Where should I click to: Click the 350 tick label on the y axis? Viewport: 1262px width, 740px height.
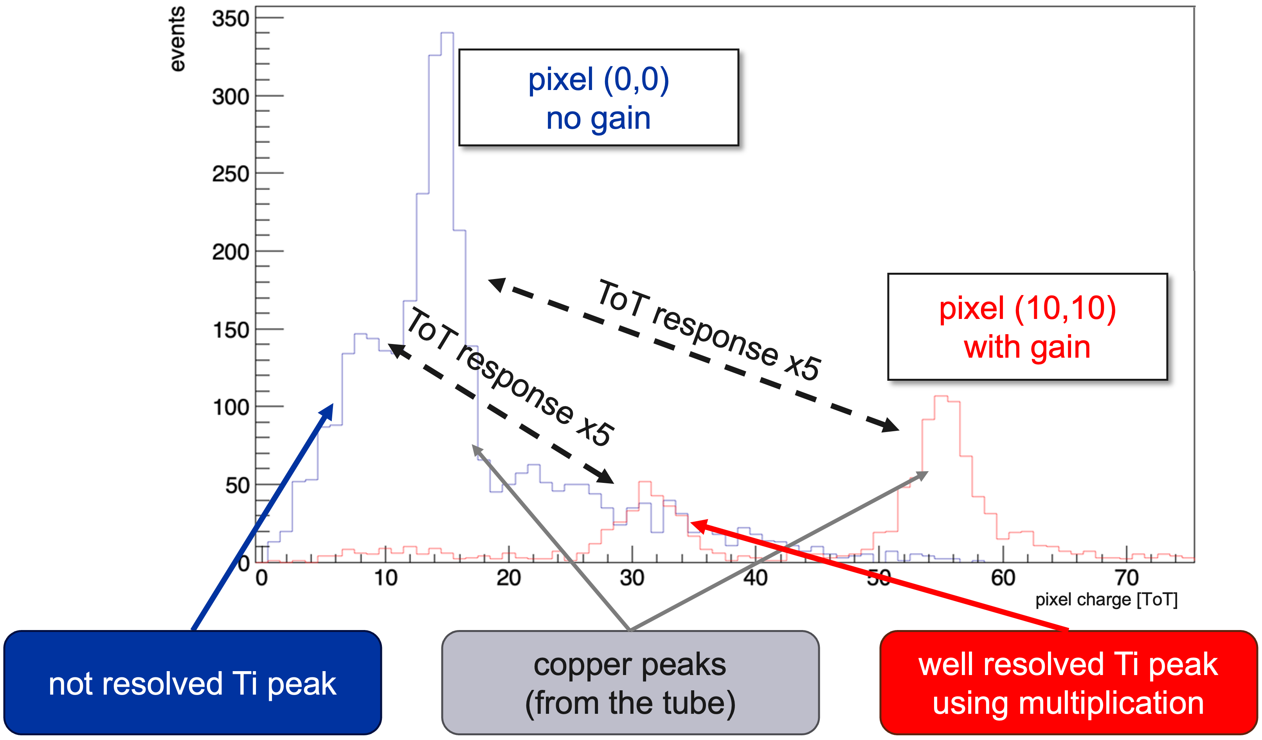230,19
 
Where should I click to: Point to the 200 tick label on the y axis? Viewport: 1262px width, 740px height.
230,252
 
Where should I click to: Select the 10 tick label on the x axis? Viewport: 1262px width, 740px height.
385,578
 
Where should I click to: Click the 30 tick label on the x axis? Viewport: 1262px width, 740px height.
632,578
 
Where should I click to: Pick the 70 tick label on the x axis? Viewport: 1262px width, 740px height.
1127,578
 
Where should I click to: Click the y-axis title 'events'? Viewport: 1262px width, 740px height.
177,39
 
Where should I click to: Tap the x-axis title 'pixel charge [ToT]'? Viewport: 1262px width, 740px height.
1106,600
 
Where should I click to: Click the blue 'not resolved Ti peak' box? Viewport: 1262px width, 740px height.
192,683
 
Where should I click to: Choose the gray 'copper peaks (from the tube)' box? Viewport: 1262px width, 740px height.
630,683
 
